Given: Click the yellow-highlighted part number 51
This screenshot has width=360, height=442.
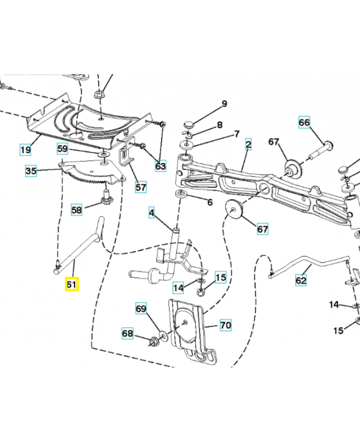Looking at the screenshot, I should pyautogui.click(x=72, y=285).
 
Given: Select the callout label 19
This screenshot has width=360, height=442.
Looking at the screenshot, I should pyautogui.click(x=25, y=150).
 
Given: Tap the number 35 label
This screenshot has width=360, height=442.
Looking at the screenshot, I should pyautogui.click(x=31, y=171).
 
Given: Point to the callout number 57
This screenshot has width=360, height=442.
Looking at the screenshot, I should pyautogui.click(x=141, y=187).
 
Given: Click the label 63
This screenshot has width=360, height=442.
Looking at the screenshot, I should pyautogui.click(x=160, y=165).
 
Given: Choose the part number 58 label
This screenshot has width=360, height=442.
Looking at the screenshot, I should pyautogui.click(x=77, y=210).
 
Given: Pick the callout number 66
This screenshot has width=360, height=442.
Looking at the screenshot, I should pyautogui.click(x=305, y=122).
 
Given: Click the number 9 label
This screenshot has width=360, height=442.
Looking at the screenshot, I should pyautogui.click(x=224, y=104).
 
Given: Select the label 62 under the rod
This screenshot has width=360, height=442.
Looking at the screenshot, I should pyautogui.click(x=300, y=280).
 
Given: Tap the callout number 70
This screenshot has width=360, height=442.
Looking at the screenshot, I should pyautogui.click(x=225, y=325).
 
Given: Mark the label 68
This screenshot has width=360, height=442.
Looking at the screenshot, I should pyautogui.click(x=128, y=333).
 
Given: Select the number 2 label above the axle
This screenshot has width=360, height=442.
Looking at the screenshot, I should pyautogui.click(x=248, y=145).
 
